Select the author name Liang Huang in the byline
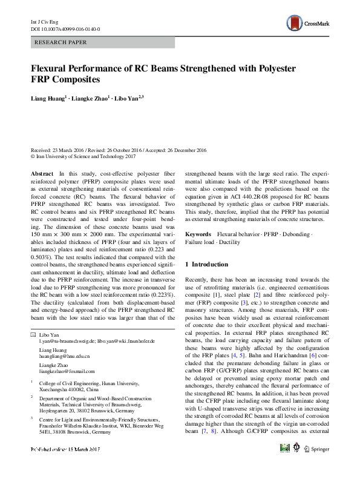click(50, 97)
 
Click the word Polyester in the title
click(297, 68)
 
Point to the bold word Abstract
click(42, 173)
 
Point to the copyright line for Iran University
click(82, 156)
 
